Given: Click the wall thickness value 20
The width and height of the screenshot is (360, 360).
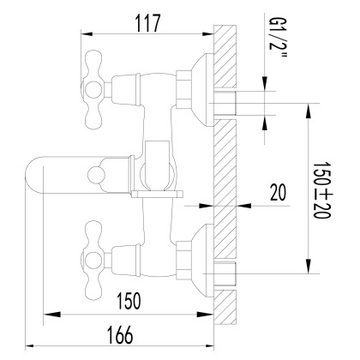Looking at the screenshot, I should (x=278, y=194).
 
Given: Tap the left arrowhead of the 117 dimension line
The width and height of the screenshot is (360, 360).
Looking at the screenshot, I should (x=84, y=34).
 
